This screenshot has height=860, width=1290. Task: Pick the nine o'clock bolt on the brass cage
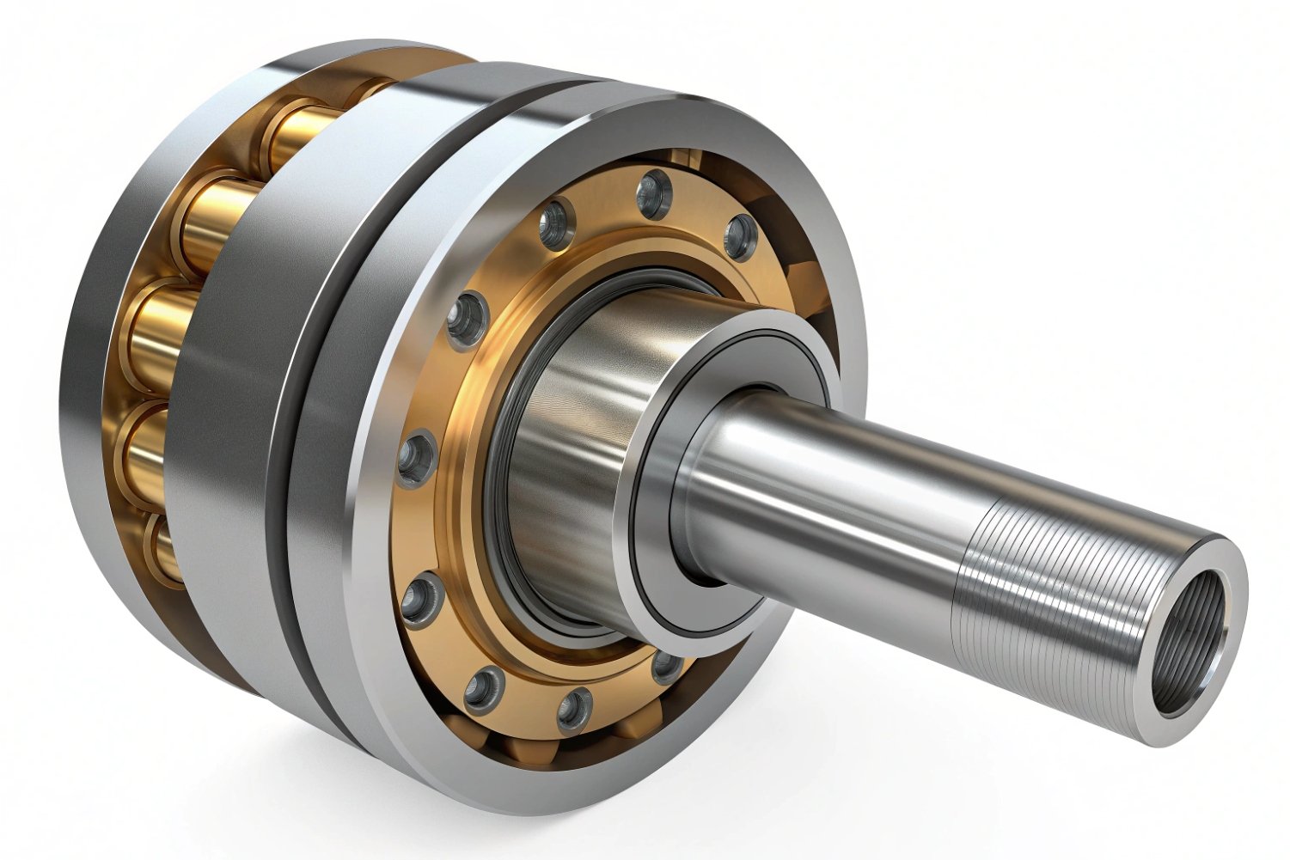coord(419,454)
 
